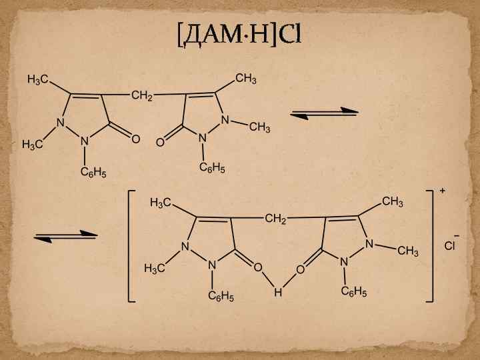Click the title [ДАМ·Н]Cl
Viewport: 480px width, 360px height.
(x=239, y=34)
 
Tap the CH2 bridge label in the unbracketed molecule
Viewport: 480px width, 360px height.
(x=142, y=96)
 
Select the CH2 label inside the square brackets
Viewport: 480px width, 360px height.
(x=275, y=218)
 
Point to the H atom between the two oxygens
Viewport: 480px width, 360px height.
(x=278, y=293)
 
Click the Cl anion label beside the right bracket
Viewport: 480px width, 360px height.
(x=450, y=246)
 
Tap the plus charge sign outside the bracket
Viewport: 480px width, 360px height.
(x=443, y=191)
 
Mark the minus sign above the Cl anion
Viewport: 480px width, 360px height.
(x=457, y=235)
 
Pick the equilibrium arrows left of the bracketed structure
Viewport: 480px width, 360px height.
(x=66, y=235)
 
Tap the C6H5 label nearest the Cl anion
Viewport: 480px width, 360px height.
(x=354, y=291)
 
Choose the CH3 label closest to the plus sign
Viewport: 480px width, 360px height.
(x=393, y=201)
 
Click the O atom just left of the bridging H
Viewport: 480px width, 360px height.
(x=257, y=268)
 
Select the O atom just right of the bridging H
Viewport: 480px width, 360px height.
(x=300, y=269)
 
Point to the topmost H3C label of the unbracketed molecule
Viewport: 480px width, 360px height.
(x=37, y=80)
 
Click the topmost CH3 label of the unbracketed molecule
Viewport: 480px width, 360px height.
(x=246, y=79)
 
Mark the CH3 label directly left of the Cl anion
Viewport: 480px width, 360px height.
(x=408, y=251)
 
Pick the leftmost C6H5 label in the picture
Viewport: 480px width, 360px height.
(x=93, y=173)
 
